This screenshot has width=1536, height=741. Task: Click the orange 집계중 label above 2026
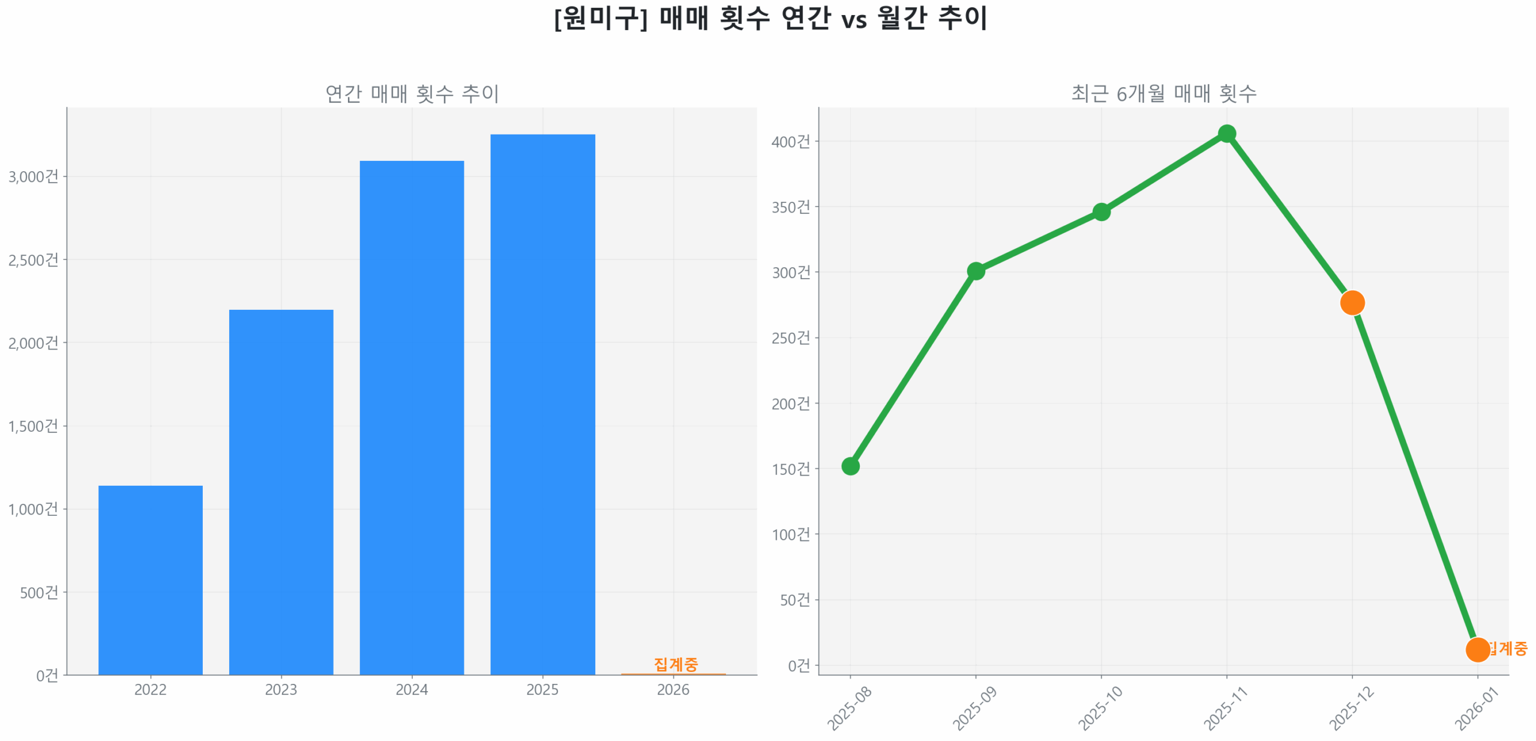click(x=676, y=664)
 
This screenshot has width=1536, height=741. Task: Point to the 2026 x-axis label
click(x=673, y=689)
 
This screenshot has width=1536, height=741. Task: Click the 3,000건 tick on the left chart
click(x=34, y=177)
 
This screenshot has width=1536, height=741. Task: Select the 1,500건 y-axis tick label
click(x=34, y=426)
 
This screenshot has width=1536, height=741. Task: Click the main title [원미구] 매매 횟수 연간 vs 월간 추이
click(x=770, y=18)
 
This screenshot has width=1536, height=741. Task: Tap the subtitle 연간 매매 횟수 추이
click(x=412, y=93)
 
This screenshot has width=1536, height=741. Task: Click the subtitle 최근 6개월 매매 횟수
click(x=1163, y=93)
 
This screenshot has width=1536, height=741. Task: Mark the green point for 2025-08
click(x=850, y=466)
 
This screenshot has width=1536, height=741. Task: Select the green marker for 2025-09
click(x=976, y=271)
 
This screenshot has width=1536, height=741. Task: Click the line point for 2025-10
click(x=1101, y=211)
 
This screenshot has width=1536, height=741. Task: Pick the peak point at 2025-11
click(x=1226, y=133)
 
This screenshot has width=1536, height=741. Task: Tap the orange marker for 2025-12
click(x=1352, y=302)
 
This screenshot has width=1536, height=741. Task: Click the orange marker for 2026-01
click(x=1477, y=649)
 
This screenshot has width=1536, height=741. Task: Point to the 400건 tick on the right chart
click(x=790, y=142)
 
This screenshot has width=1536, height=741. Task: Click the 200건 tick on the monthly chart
click(x=790, y=404)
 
